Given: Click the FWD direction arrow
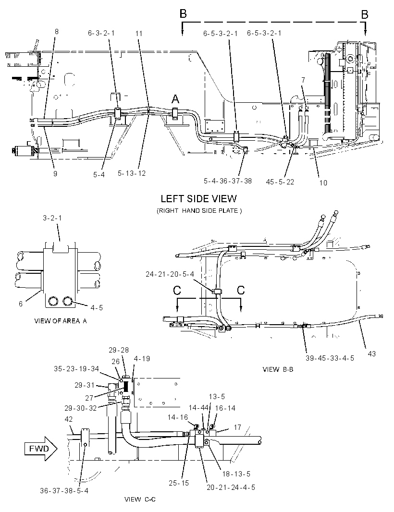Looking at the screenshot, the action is click(x=41, y=449).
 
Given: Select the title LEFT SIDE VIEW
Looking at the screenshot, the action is click(x=198, y=198).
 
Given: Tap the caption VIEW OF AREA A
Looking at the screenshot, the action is click(x=61, y=321).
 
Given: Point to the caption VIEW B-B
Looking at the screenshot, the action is click(x=278, y=369).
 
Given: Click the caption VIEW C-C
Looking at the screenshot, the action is click(x=140, y=499).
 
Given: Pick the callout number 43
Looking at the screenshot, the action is click(x=372, y=354).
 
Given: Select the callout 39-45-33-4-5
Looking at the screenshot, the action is click(x=330, y=358).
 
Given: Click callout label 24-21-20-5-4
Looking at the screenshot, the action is click(x=170, y=274).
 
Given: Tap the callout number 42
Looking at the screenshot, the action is click(x=69, y=419).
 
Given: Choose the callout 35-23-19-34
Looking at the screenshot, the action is click(x=76, y=369).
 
